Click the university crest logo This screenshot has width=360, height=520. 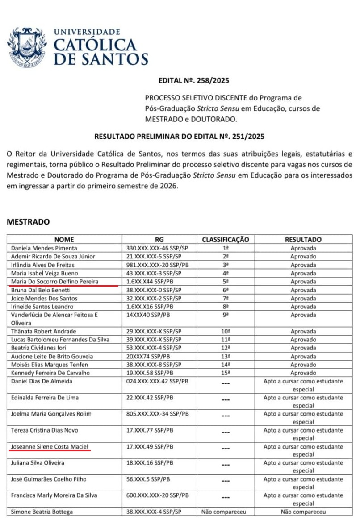point(26,47)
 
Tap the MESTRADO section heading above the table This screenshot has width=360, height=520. point(29,221)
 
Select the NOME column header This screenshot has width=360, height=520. point(64,240)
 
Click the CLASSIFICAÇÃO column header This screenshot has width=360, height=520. point(225,240)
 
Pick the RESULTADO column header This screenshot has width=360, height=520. point(303,240)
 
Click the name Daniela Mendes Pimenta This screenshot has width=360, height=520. point(44,248)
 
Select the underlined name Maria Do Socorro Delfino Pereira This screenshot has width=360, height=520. point(54,281)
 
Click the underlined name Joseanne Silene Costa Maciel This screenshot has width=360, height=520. point(49,446)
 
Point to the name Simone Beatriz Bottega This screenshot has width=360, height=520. point(42,512)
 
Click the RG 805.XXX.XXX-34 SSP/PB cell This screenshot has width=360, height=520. point(158,414)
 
